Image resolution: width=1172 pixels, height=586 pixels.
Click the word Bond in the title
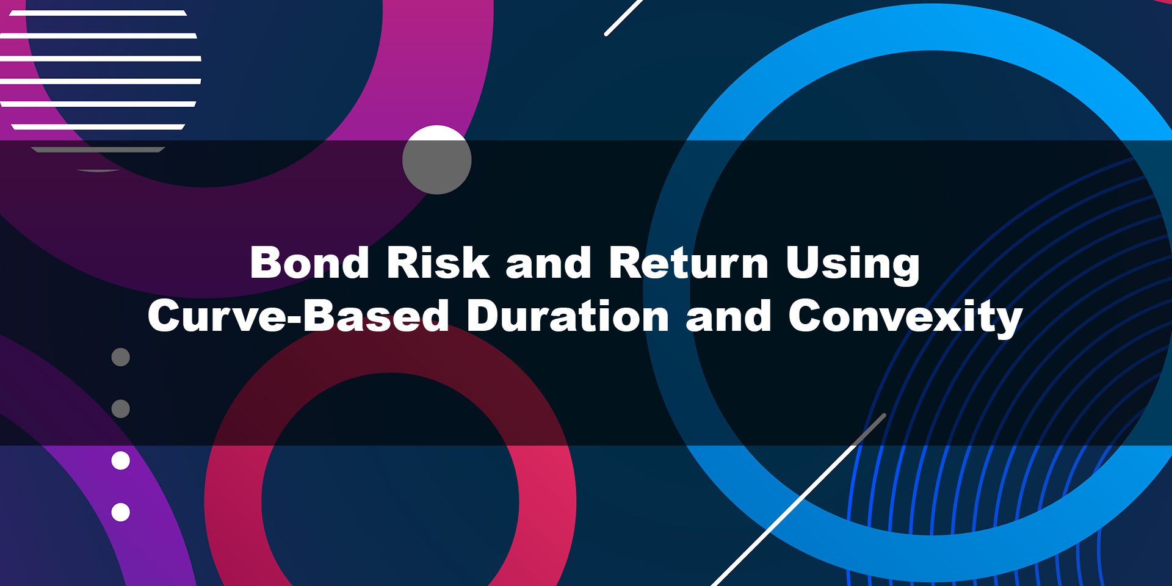tap(310, 262)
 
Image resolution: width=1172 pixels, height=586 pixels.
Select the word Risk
tap(438, 262)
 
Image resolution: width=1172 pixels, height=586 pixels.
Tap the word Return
tap(689, 262)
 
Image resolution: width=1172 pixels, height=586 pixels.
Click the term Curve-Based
tap(298, 316)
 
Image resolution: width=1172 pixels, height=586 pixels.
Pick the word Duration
tap(568, 316)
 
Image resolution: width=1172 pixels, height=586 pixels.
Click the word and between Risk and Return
tap(549, 263)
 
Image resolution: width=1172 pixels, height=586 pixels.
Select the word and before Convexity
tap(728, 316)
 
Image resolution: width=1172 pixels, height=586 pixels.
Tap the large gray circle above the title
tap(437, 160)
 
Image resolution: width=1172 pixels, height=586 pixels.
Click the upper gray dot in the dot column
tap(121, 357)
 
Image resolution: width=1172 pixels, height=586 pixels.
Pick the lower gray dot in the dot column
tap(121, 408)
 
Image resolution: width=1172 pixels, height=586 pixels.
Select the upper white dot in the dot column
tap(121, 460)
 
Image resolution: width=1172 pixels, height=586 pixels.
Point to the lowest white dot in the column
tap(121, 512)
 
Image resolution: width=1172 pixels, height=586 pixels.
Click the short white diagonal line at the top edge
tap(623, 17)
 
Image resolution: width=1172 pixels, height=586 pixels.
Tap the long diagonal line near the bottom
tap(798, 500)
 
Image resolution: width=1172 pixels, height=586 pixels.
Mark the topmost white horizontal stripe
tap(98, 13)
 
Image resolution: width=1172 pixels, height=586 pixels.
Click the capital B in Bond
tap(266, 262)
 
